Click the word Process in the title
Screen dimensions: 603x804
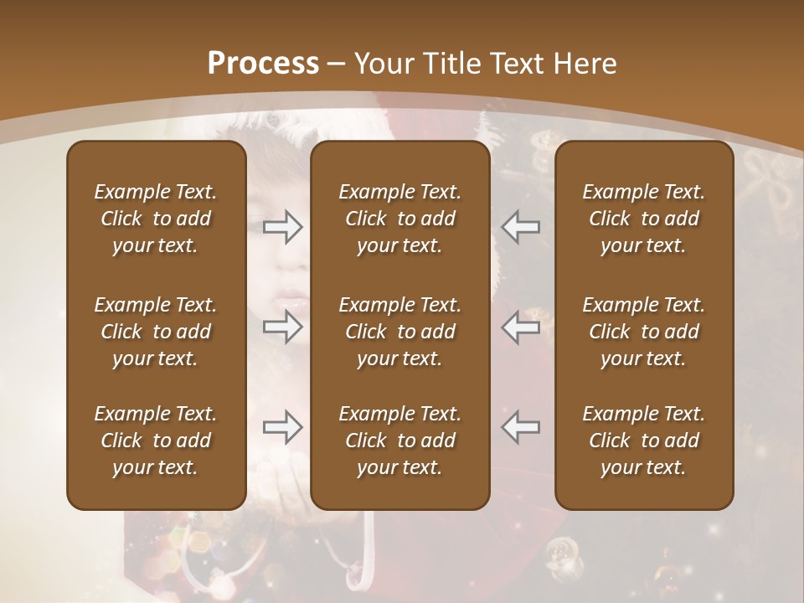(263, 64)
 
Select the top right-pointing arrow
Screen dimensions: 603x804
(282, 226)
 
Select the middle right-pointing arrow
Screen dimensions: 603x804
(282, 327)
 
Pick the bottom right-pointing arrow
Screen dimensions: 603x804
(282, 427)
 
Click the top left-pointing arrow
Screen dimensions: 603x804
(521, 226)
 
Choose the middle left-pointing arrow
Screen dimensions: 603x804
(521, 327)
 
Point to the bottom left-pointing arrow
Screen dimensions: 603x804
(521, 427)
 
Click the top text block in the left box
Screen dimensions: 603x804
(156, 219)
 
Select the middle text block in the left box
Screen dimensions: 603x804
(156, 332)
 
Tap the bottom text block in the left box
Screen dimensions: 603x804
(156, 441)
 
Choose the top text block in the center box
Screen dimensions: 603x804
(399, 219)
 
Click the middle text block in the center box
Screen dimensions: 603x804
(399, 332)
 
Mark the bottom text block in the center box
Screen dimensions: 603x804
(399, 441)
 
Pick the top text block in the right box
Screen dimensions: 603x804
(643, 219)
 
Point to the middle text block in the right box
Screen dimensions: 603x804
(643, 332)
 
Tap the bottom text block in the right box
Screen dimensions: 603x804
(643, 441)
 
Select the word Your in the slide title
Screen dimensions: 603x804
(384, 64)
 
